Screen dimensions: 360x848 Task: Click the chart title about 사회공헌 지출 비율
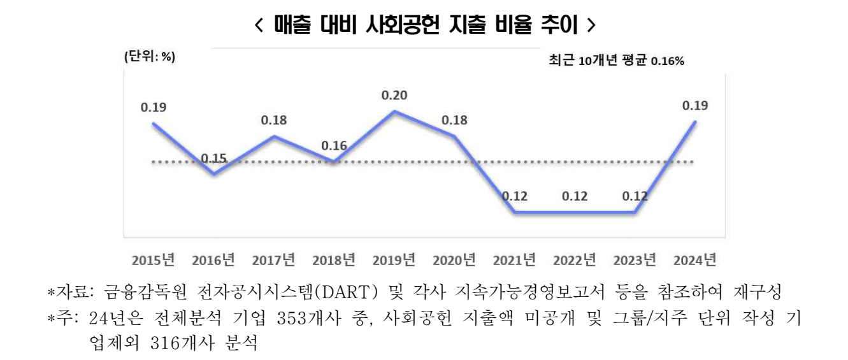[424, 25]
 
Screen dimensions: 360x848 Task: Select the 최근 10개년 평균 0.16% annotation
[616, 61]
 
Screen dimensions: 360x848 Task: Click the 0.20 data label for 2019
[394, 96]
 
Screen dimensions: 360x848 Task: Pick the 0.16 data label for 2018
[334, 146]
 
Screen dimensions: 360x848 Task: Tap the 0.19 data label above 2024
[695, 106]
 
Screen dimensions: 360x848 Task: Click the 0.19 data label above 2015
[154, 107]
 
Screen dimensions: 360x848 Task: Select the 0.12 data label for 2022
[575, 196]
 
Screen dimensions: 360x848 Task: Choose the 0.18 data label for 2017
[274, 120]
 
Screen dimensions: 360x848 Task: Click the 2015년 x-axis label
[154, 260]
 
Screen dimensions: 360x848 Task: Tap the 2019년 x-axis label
[394, 260]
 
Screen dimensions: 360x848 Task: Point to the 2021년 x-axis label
[514, 260]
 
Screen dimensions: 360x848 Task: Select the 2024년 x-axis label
[695, 260]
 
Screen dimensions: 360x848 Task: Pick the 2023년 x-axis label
[635, 260]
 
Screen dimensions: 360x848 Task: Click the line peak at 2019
[394, 112]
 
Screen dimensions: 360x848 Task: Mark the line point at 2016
[214, 173]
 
